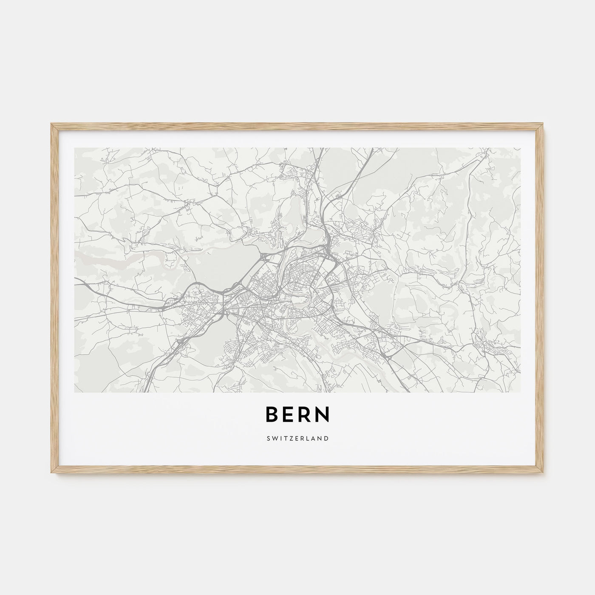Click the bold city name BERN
tap(297, 415)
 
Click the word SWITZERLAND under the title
tap(297, 438)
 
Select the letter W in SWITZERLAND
tap(275, 438)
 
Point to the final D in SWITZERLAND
tap(326, 438)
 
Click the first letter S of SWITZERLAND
tap(269, 438)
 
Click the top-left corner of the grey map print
tap(75, 148)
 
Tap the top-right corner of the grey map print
tap(520, 148)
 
